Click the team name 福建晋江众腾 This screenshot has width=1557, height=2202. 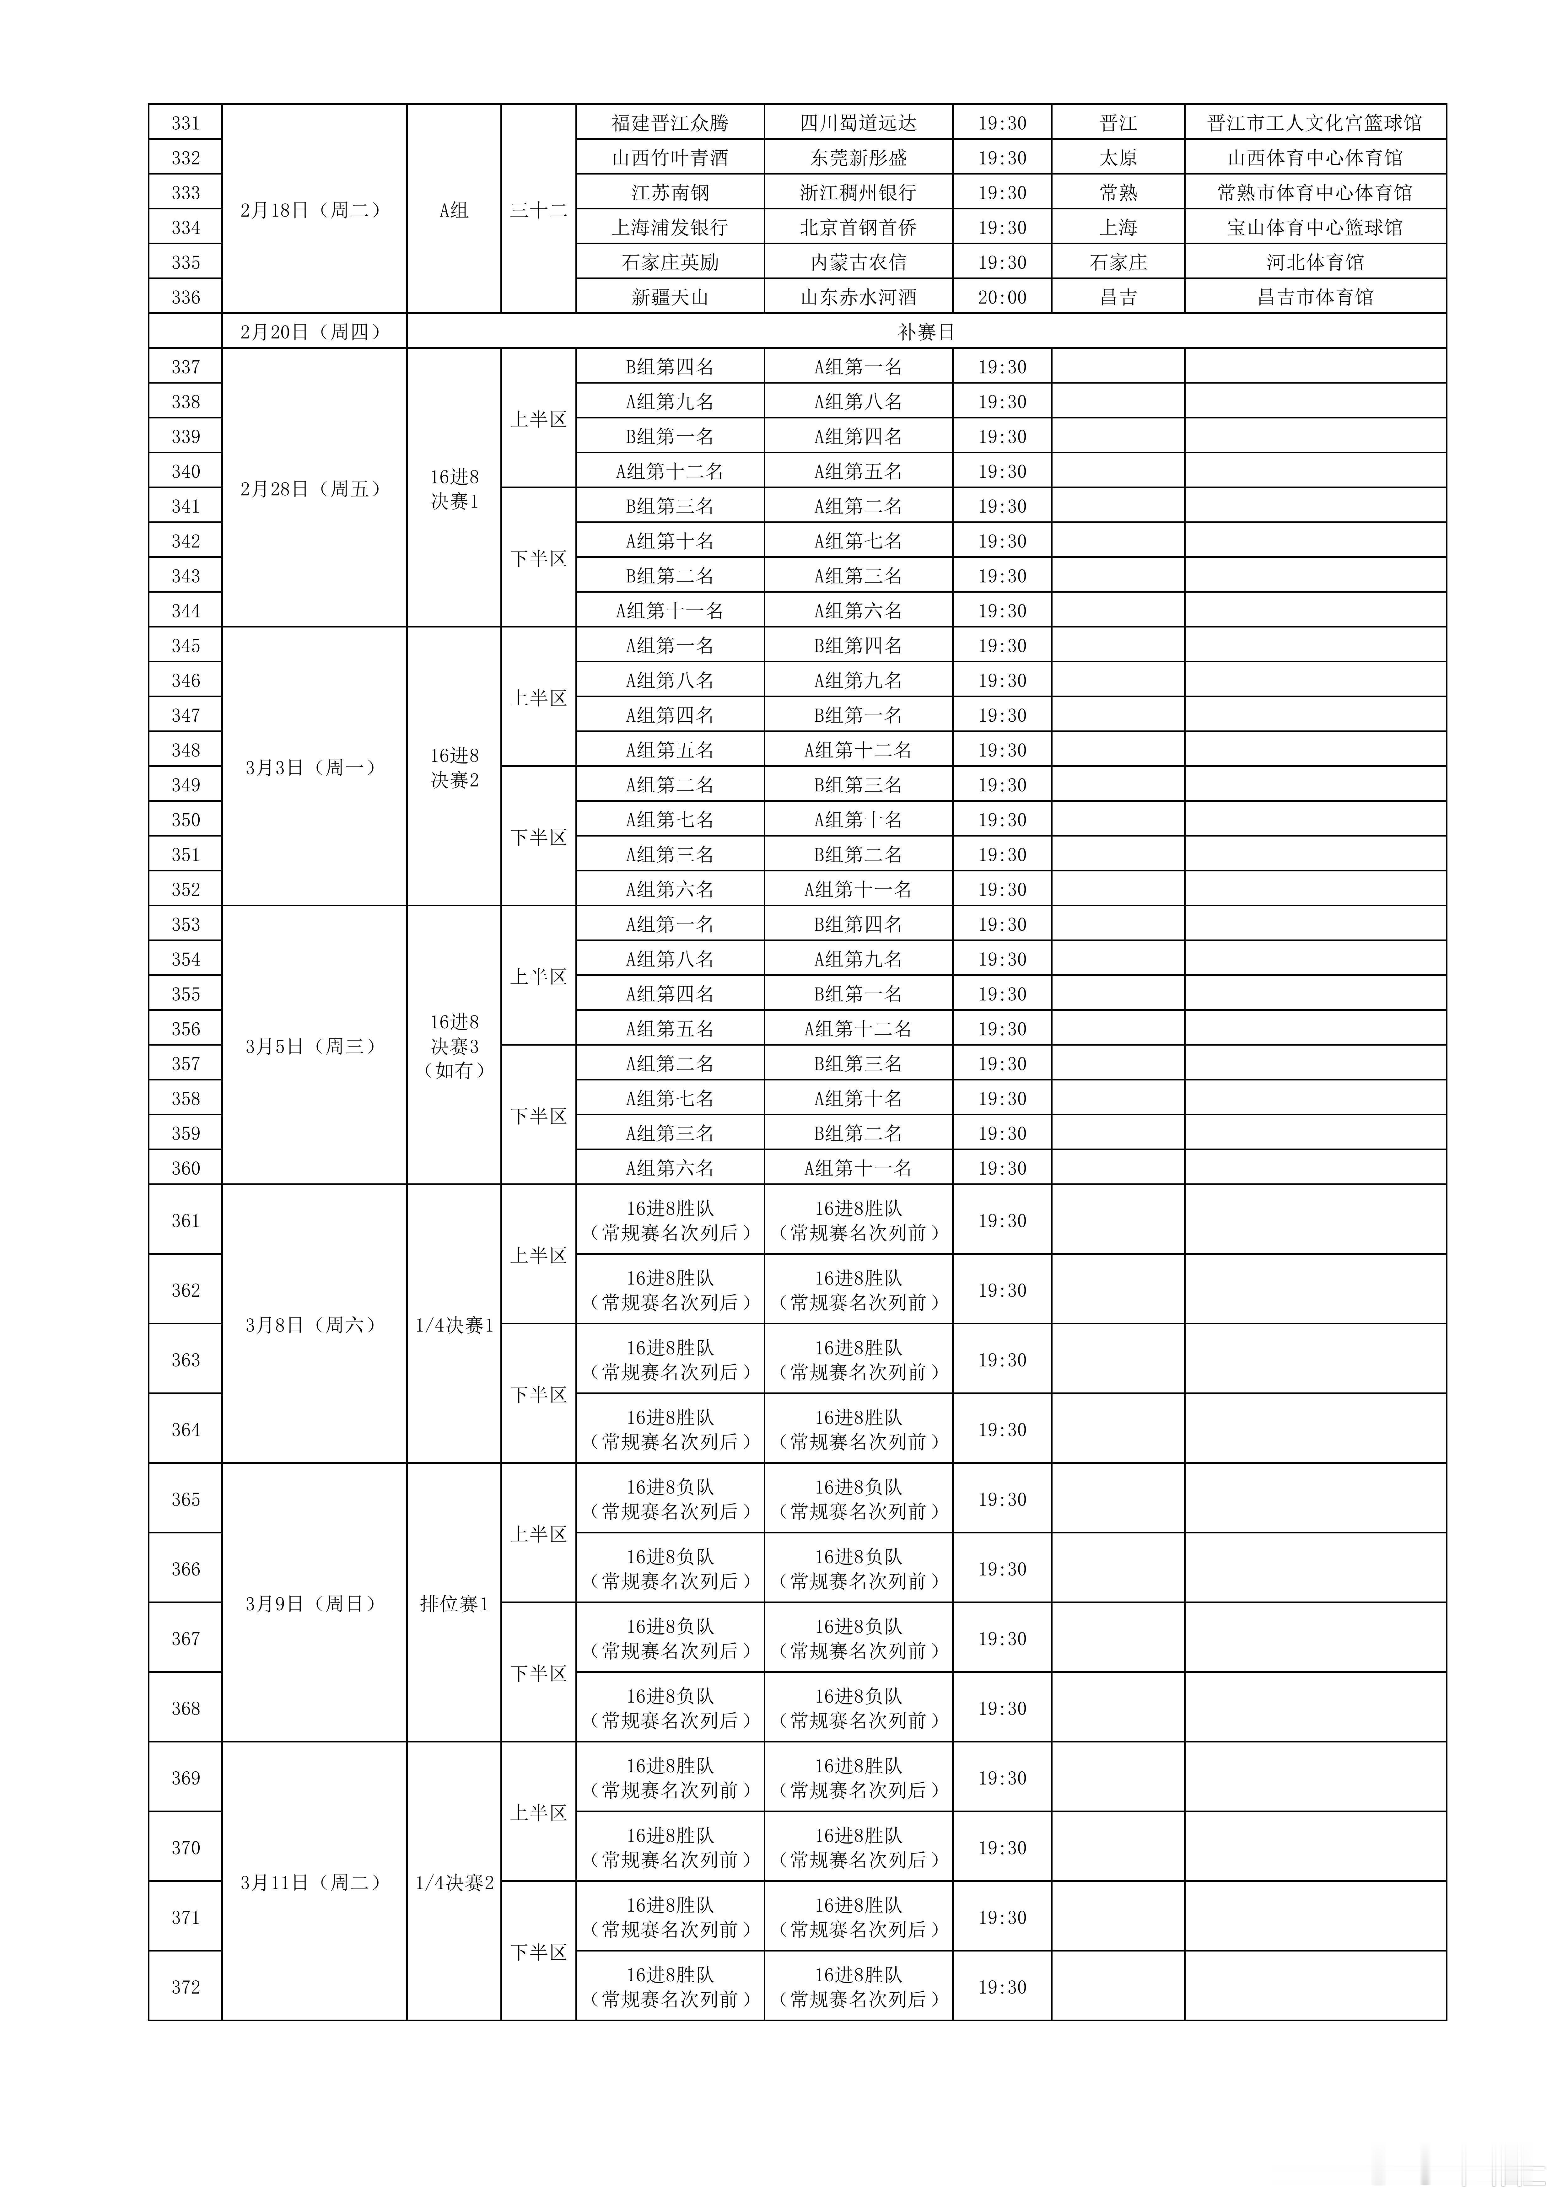[x=670, y=123]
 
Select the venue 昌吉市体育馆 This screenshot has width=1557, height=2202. [x=1314, y=297]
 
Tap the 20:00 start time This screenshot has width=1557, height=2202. [x=1002, y=297]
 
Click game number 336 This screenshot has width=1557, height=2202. [x=185, y=297]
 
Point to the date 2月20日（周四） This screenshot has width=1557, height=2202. [x=311, y=332]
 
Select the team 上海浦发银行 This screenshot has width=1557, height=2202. [x=670, y=227]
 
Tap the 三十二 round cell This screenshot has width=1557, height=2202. [x=538, y=210]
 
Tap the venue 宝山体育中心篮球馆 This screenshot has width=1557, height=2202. [x=1314, y=227]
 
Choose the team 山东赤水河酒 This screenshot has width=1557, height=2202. [x=858, y=297]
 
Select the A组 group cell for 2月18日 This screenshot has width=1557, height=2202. [x=454, y=210]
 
